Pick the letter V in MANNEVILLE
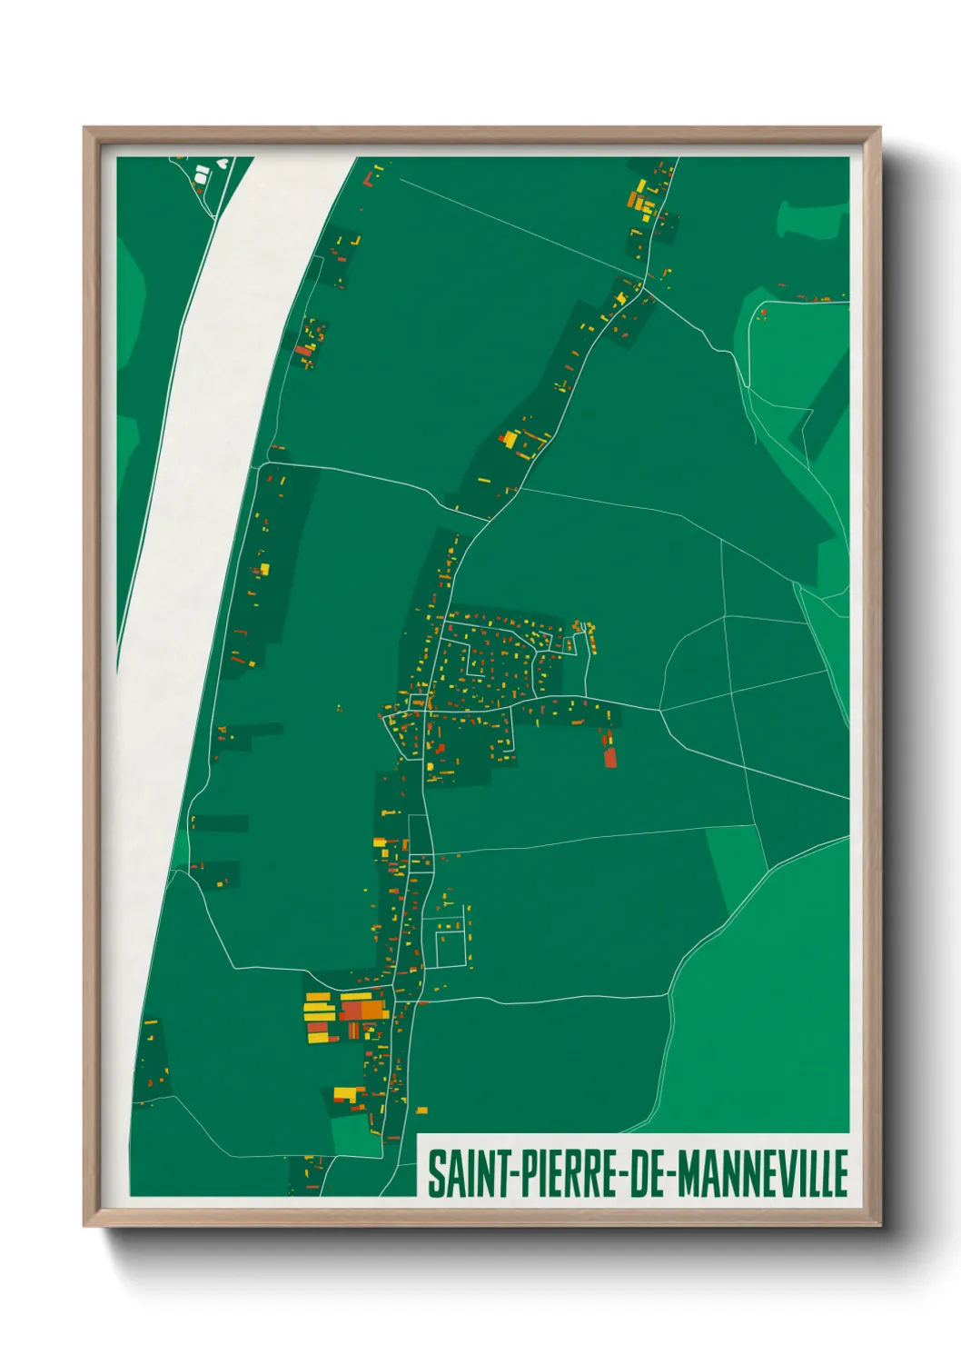(782, 1173)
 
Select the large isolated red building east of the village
(610, 757)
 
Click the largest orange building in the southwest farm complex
(372, 1009)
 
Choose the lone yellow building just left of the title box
(421, 1110)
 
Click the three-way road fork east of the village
(660, 710)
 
